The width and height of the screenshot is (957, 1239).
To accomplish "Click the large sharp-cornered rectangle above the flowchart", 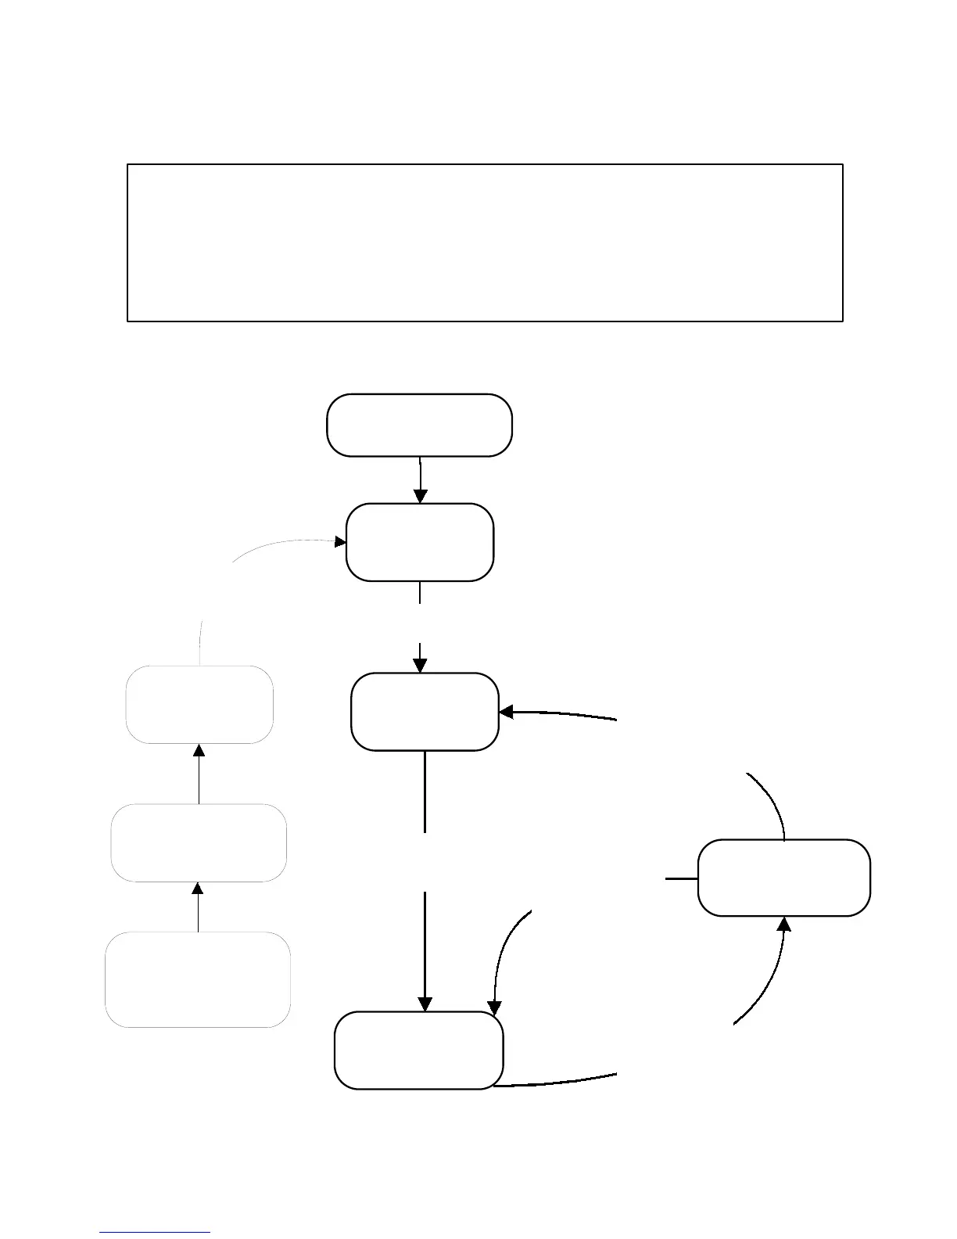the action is tap(485, 242).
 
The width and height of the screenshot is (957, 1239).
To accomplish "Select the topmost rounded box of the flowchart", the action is tap(419, 425).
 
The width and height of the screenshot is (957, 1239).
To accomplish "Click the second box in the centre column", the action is tap(419, 542).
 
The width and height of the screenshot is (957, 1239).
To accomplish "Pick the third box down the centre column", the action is tap(425, 711).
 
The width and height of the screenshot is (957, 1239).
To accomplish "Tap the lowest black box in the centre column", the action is tap(418, 1050).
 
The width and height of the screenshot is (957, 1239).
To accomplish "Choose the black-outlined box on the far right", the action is tap(783, 877).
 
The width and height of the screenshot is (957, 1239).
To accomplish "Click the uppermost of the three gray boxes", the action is tap(199, 704).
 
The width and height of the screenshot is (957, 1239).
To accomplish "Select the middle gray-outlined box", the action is tap(199, 842).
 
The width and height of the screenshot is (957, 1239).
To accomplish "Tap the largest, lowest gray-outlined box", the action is tap(198, 979).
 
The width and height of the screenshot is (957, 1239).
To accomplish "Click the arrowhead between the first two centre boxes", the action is tap(420, 497).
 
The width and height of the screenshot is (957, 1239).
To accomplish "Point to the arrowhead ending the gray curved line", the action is tap(341, 541).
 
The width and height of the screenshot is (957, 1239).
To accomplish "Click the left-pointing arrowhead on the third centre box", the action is tap(506, 712).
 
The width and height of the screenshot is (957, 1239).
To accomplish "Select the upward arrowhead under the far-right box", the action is tap(783, 924).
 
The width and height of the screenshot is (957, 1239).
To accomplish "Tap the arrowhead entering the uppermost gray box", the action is tap(199, 750).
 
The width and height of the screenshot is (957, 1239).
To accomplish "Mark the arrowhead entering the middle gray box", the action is tap(198, 889).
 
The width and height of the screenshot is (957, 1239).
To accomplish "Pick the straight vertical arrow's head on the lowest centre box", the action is tap(425, 1004).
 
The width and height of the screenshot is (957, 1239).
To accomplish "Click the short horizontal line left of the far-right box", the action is tap(681, 878).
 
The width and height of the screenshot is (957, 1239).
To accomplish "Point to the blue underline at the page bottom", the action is tap(155, 1232).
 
